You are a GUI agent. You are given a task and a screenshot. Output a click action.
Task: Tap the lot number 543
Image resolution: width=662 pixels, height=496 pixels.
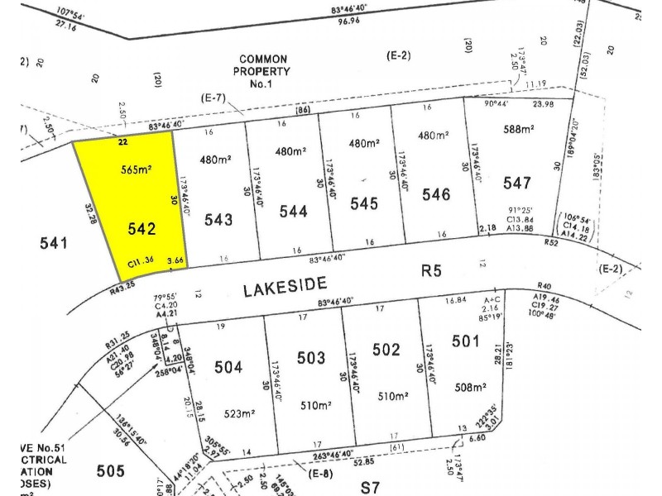(218, 219)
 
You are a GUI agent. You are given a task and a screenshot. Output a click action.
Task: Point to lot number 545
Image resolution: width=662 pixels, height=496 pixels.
(364, 203)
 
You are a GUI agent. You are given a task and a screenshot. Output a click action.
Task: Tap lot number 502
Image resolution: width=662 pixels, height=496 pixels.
(386, 350)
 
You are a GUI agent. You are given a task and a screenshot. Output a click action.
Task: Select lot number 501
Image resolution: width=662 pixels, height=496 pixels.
(465, 341)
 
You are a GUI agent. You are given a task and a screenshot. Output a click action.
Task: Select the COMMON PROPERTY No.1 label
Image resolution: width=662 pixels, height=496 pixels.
(264, 71)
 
